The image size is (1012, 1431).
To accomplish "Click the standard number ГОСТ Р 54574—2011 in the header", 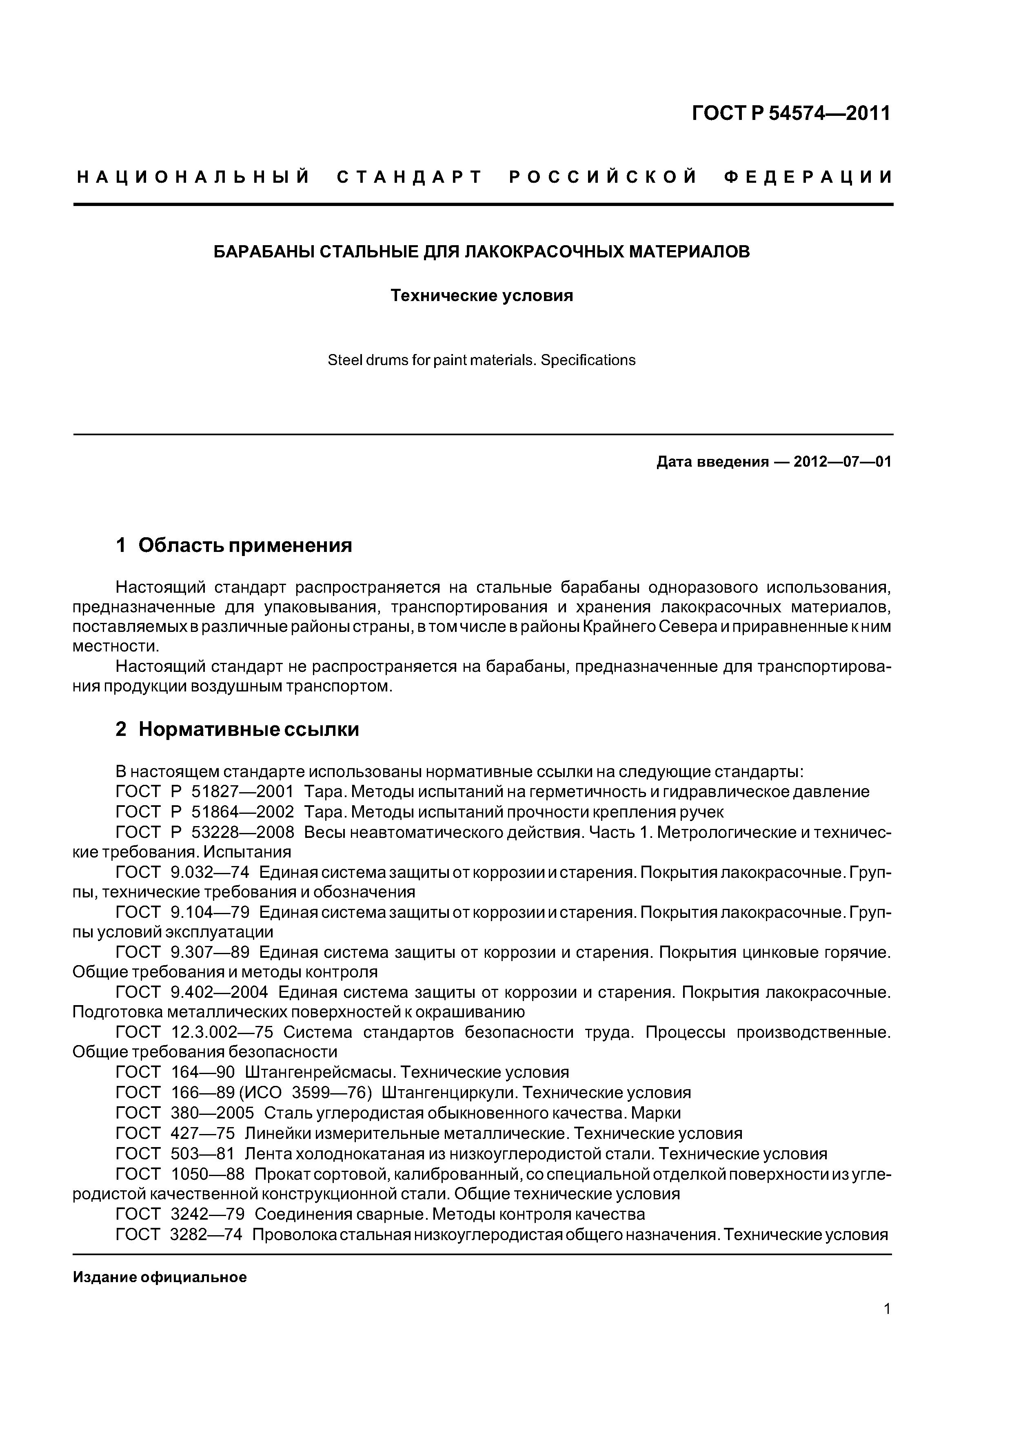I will coord(791,113).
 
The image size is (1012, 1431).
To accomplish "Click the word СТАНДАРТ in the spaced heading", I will coord(409,177).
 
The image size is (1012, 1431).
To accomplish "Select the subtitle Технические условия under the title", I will coord(482,295).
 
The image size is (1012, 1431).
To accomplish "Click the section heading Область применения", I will coord(245,545).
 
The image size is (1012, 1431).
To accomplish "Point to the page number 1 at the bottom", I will coord(887,1326).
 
